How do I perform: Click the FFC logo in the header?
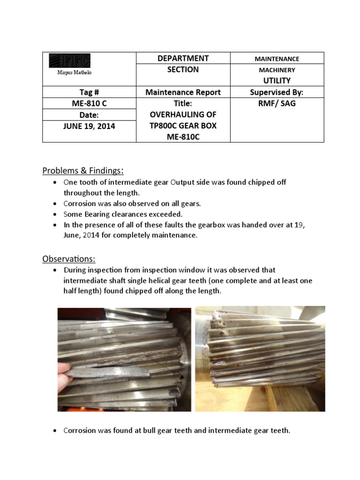pos(69,60)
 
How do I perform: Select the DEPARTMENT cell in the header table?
pos(183,58)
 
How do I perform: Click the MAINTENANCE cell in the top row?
pos(277,59)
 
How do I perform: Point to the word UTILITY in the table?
pos(277,81)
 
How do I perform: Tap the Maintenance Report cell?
pos(183,92)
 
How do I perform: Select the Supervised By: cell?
pos(277,92)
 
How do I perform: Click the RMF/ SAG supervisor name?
pos(277,104)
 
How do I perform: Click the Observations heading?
pos(69,258)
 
